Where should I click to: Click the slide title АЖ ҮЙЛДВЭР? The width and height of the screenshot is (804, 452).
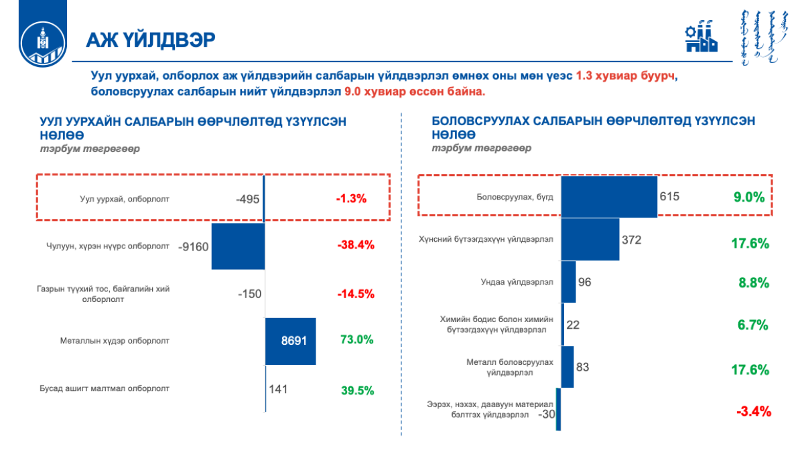click(x=151, y=40)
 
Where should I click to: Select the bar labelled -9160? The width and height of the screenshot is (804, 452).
click(x=238, y=246)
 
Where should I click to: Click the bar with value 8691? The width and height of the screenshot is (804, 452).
click(x=290, y=341)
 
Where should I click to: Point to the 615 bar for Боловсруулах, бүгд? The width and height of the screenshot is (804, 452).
click(x=609, y=197)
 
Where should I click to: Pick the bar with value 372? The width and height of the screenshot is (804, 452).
click(x=590, y=240)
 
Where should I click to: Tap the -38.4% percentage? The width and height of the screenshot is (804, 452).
click(x=356, y=245)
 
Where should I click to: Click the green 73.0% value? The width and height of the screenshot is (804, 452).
click(x=356, y=340)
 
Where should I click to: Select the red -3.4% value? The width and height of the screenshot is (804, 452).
click(x=754, y=411)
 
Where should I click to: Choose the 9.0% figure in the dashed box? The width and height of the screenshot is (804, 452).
click(x=748, y=197)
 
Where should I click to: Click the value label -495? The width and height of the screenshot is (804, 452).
click(x=247, y=199)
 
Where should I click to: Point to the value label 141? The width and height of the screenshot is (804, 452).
click(x=278, y=388)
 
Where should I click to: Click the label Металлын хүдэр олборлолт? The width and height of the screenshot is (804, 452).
click(x=115, y=340)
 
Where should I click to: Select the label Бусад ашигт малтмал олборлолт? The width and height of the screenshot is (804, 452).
click(x=105, y=388)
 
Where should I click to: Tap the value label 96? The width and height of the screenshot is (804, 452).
click(x=584, y=282)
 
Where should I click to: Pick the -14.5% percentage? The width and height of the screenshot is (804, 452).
click(x=355, y=293)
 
